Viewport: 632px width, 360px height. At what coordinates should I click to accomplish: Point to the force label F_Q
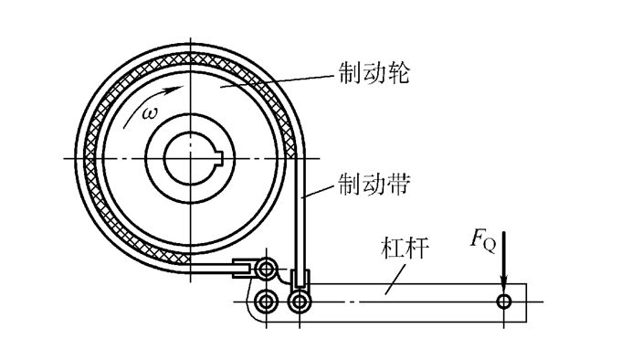click(x=482, y=240)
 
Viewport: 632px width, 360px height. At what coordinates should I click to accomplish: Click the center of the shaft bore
click(x=192, y=157)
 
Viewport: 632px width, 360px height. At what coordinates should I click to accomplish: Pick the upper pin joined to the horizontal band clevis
click(x=266, y=269)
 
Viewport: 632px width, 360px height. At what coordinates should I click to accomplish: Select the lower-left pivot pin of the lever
click(x=266, y=301)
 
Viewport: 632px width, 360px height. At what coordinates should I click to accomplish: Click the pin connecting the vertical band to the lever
click(x=298, y=301)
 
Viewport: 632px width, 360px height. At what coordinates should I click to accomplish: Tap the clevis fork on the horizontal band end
click(x=242, y=269)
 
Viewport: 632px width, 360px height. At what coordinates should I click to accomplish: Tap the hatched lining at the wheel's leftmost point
click(x=89, y=157)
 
